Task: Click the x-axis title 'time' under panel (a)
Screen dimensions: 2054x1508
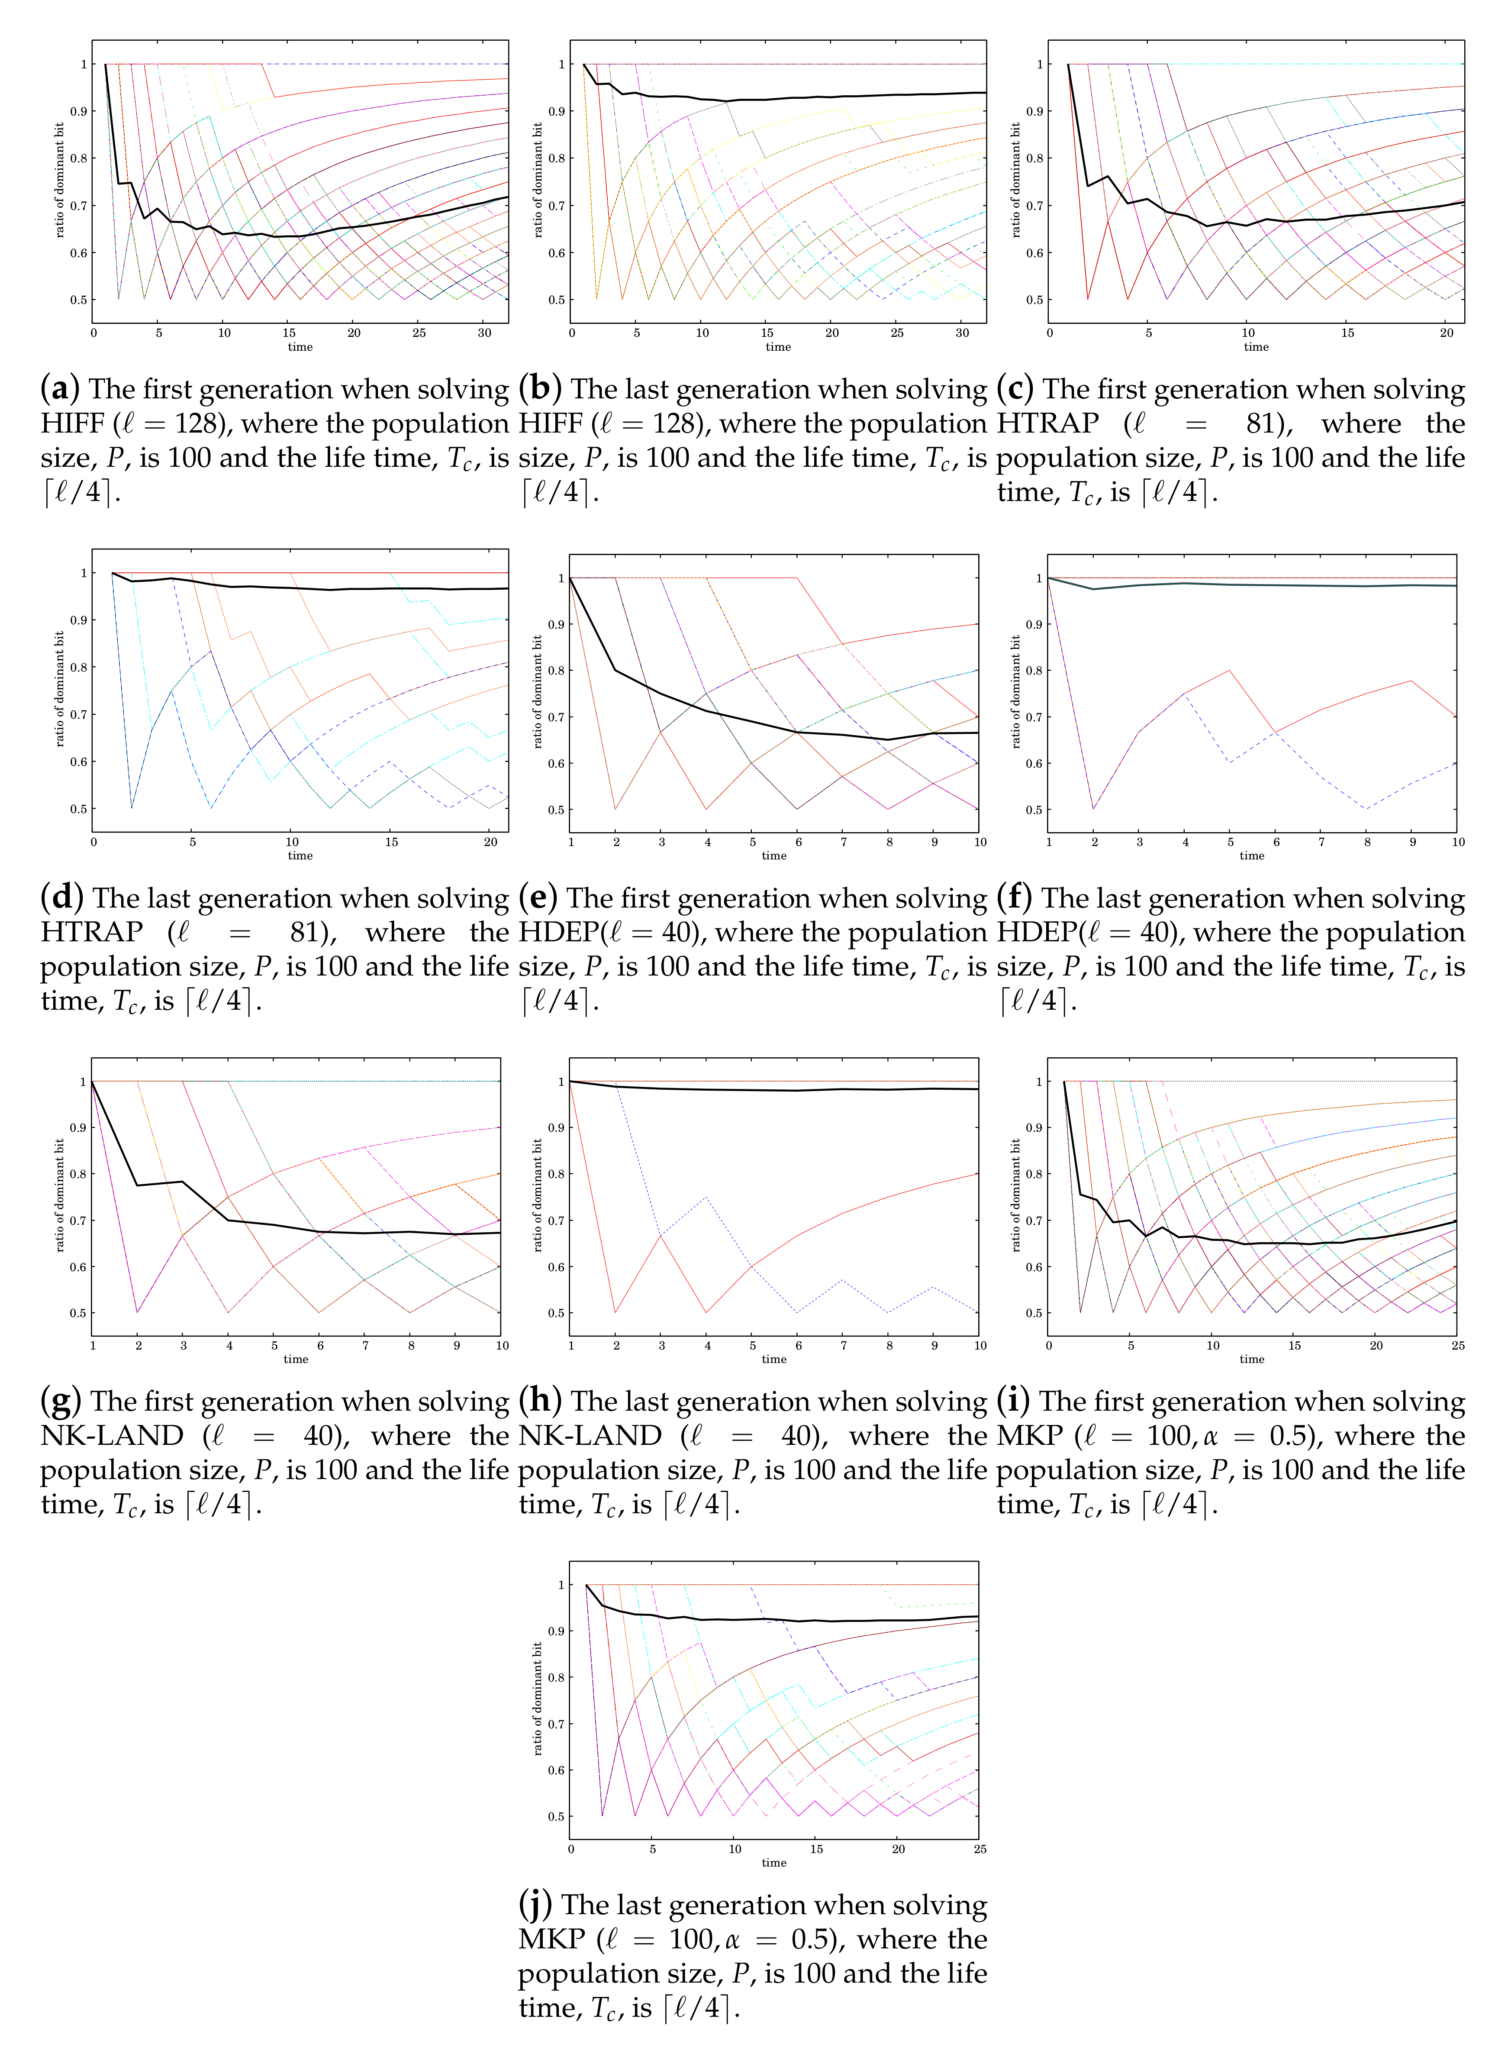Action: coord(300,347)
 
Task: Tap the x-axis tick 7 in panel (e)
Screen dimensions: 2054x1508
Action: coord(844,842)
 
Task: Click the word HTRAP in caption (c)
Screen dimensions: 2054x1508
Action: coord(1048,423)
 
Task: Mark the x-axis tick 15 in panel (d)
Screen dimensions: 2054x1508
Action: coord(392,842)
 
